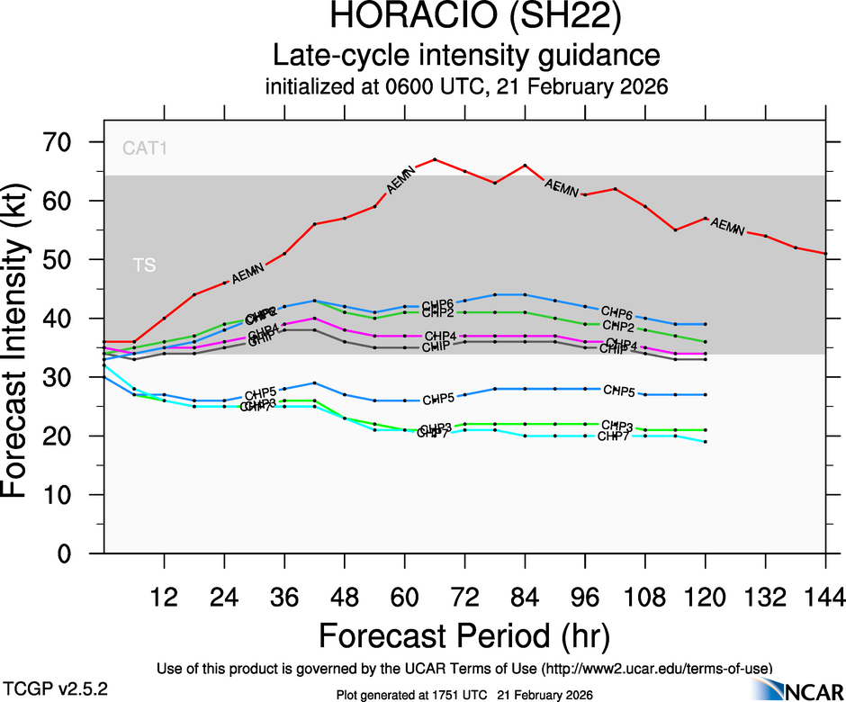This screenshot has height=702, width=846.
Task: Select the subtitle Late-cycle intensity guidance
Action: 466,55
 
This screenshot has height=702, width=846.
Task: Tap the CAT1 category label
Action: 145,147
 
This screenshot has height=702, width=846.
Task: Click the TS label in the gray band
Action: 144,265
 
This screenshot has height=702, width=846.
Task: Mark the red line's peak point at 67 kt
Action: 435,159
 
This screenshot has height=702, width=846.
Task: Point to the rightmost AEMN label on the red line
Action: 726,225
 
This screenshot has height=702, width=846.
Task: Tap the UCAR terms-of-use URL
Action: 654,669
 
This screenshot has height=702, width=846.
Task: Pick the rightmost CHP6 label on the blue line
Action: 617,312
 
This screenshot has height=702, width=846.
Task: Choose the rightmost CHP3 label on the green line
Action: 617,425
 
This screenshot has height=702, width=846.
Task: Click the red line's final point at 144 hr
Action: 826,254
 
